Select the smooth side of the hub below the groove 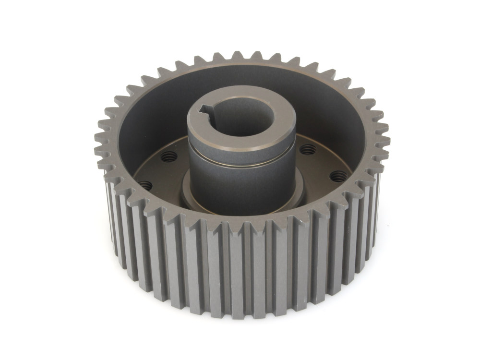pyautogui.click(x=240, y=182)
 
